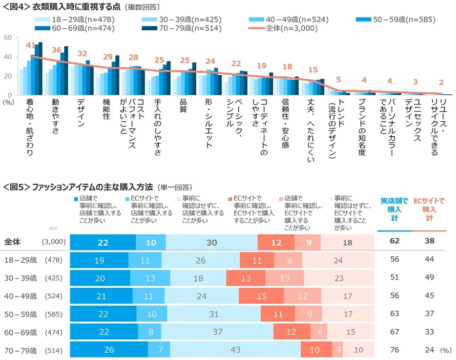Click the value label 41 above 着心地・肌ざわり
pos(30,45)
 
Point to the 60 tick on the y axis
pos(8,38)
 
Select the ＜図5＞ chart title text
pos(78,187)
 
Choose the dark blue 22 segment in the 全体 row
pos(103,242)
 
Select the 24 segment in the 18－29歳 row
pos(338,260)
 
